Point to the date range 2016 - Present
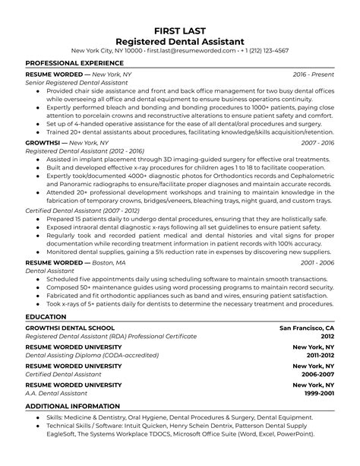(x=314, y=75)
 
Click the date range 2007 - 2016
(x=317, y=142)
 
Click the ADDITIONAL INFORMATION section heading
(x=72, y=406)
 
